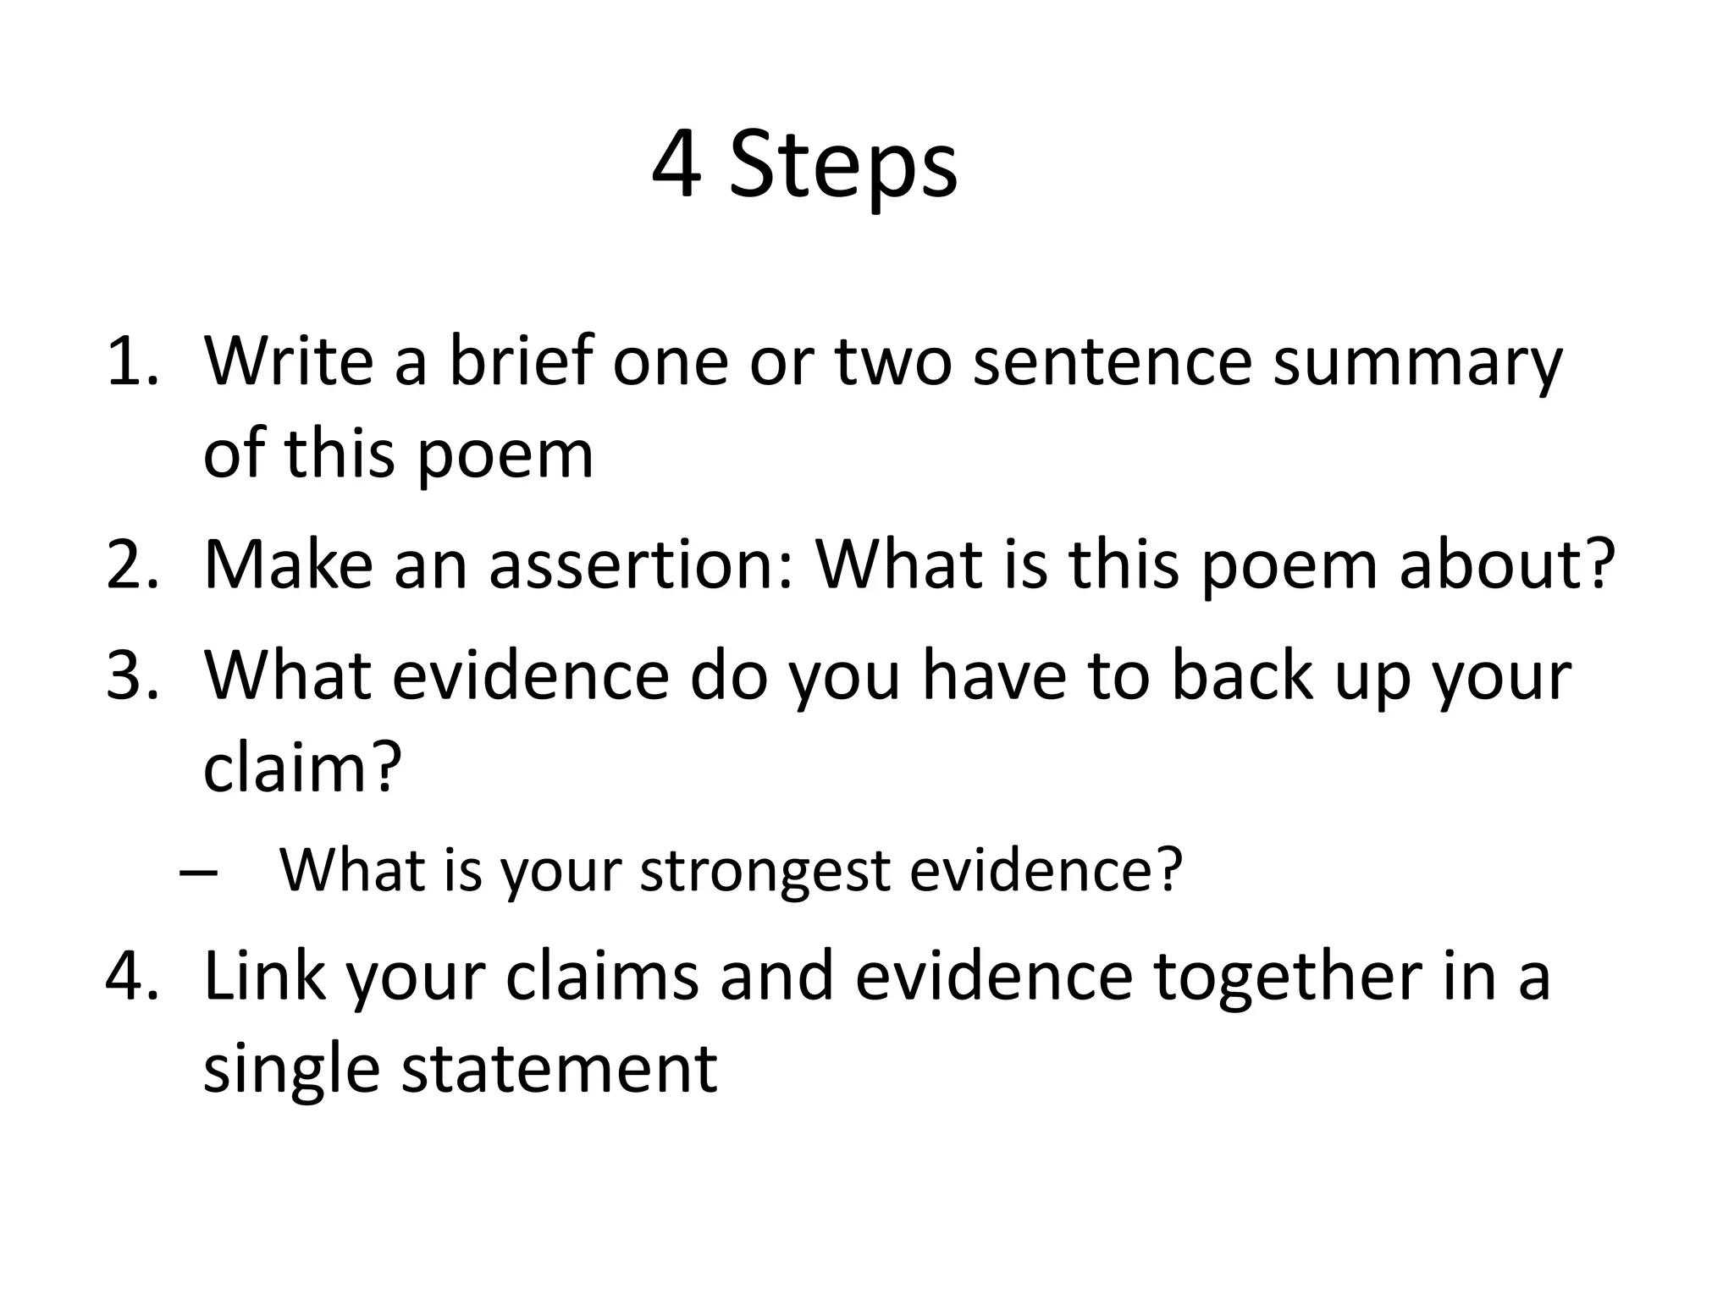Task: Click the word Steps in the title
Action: coord(843,168)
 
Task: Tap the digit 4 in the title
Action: coord(677,166)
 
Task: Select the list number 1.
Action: coord(131,361)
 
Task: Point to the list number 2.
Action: coord(131,565)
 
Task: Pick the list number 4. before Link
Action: coord(131,975)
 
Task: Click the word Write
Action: coord(289,361)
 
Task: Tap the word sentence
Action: coord(1113,361)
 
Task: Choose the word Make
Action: coord(289,565)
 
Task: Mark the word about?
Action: coord(1508,565)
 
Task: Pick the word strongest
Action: coord(764,872)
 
